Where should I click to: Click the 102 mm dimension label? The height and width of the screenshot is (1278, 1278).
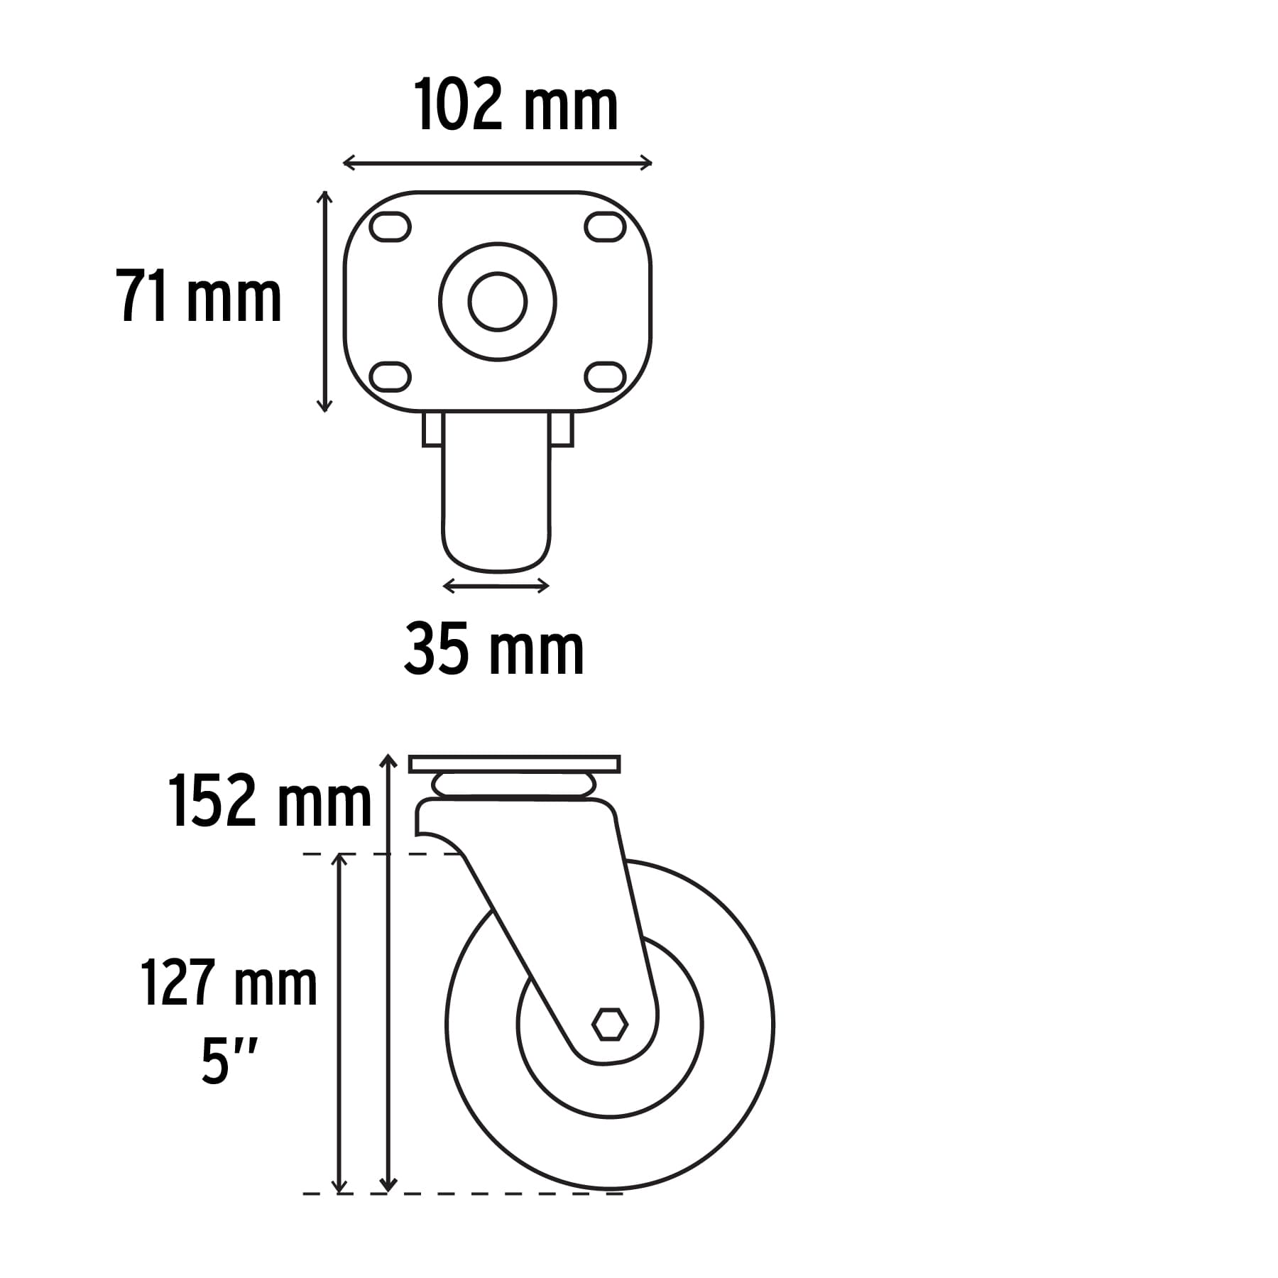(x=516, y=106)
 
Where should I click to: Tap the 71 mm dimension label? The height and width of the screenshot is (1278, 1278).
(x=199, y=297)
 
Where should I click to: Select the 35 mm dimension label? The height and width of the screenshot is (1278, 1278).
(x=494, y=649)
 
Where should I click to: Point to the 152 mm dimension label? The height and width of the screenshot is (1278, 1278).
(x=270, y=802)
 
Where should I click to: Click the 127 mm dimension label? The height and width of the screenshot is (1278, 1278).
(x=229, y=984)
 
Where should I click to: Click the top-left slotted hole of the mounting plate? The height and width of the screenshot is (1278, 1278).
(x=390, y=227)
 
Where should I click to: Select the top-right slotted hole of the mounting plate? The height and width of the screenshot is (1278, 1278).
(x=605, y=227)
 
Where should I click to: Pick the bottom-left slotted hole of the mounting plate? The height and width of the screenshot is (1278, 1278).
(x=390, y=376)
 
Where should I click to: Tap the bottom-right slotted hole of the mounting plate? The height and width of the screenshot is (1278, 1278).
(x=605, y=376)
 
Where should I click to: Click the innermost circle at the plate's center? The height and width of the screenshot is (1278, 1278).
(x=498, y=302)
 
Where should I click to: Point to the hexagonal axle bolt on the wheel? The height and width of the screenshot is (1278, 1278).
(x=610, y=1025)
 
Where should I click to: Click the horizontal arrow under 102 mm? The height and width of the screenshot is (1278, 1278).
(x=497, y=163)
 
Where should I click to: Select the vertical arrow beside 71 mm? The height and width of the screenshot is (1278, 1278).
(x=324, y=302)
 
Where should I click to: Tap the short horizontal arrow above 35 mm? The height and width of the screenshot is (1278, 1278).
(x=496, y=586)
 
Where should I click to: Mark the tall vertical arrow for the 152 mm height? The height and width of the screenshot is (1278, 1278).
(x=388, y=973)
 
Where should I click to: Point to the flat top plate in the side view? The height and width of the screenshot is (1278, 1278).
(x=515, y=764)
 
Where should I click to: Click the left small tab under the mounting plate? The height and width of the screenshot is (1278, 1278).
(x=432, y=430)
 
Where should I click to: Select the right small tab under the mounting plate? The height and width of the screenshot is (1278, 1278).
(x=562, y=430)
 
